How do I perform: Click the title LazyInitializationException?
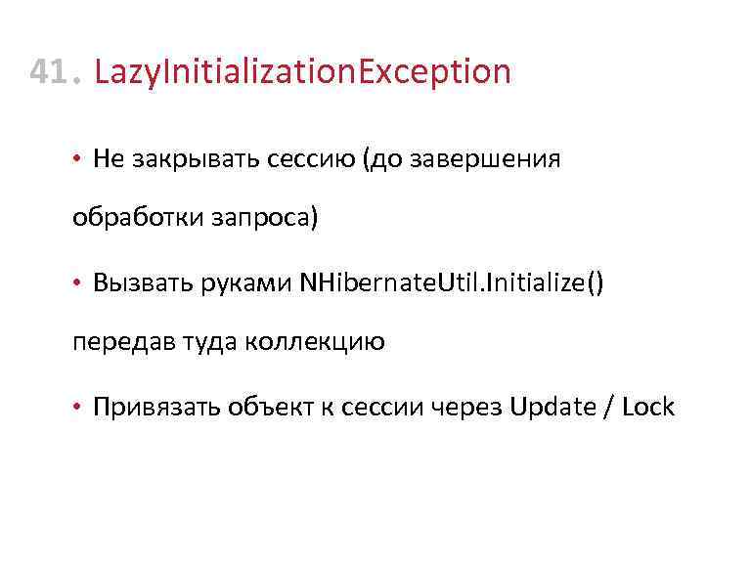[302, 72]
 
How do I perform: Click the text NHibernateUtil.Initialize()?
[453, 282]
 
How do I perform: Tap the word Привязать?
[147, 407]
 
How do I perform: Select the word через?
[466, 407]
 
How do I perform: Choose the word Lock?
[647, 407]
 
